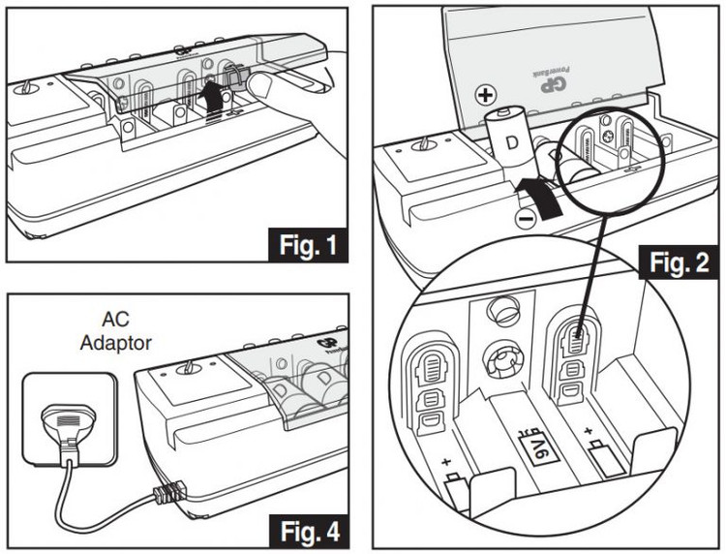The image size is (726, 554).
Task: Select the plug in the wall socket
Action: coord(65,426)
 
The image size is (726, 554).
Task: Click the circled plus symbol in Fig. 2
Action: coord(487,95)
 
